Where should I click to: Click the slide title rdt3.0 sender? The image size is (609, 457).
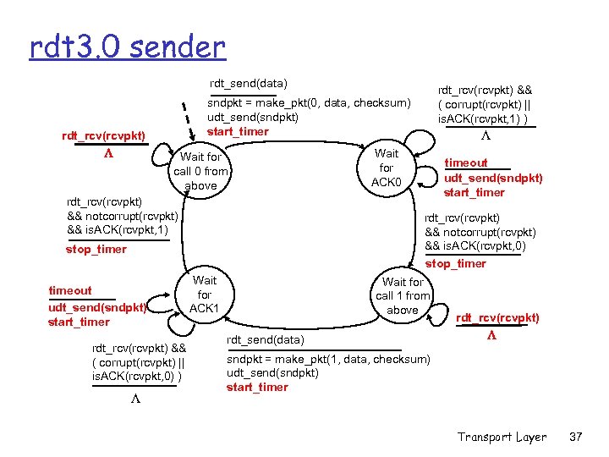(127, 46)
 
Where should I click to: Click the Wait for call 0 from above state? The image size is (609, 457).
(200, 171)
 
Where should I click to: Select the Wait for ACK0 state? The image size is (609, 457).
(387, 168)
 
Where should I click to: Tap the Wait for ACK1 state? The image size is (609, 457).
(205, 295)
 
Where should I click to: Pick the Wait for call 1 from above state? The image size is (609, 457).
(403, 296)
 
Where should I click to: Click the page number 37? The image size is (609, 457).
(577, 437)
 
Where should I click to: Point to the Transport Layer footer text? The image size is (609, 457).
(502, 437)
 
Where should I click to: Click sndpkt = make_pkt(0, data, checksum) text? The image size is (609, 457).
(309, 102)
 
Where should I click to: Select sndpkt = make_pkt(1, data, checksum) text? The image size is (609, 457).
(328, 359)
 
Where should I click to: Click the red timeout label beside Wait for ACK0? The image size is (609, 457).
(466, 162)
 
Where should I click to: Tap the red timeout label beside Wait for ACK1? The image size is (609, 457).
(71, 290)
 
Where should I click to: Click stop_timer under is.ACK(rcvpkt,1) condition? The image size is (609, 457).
(96, 249)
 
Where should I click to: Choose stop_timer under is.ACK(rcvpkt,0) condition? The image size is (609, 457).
(455, 263)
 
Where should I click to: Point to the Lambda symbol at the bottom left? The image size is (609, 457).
(134, 399)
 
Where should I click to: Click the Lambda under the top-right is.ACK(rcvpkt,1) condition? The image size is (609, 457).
(484, 137)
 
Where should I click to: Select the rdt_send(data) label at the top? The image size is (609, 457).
(249, 83)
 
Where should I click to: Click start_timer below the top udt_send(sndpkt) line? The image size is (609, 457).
(238, 131)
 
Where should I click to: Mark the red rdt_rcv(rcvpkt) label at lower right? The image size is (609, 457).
(497, 318)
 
